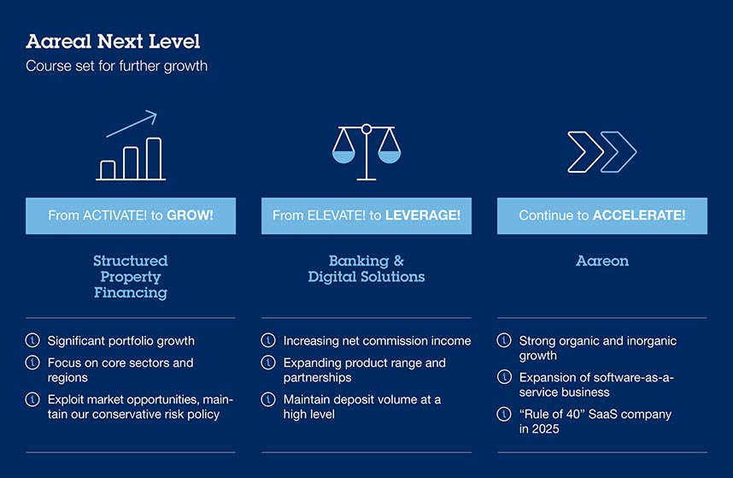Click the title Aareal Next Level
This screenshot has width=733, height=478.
tap(113, 42)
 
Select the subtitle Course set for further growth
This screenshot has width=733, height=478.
tap(116, 66)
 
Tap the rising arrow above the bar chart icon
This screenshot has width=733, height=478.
tap(132, 123)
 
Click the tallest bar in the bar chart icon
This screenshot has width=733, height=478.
tap(154, 158)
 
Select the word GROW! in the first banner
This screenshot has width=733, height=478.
tap(190, 215)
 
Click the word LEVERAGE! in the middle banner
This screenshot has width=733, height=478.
tap(423, 215)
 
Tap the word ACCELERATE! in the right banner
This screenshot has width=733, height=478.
tap(639, 215)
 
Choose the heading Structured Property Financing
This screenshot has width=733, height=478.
tap(131, 276)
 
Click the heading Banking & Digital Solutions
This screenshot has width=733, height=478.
tap(366, 269)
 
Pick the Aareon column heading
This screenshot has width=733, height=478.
tap(602, 261)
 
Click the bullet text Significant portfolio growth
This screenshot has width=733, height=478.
tap(121, 340)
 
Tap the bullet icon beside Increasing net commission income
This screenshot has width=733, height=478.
tap(268, 340)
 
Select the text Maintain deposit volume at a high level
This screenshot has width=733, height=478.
tap(362, 406)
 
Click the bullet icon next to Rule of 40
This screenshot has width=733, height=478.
tap(504, 414)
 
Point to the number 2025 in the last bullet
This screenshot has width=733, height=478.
tap(545, 429)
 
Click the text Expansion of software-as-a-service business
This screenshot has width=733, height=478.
tap(596, 385)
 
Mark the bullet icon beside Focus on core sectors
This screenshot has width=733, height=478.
tap(32, 363)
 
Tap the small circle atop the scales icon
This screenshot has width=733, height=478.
tap(366, 128)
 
